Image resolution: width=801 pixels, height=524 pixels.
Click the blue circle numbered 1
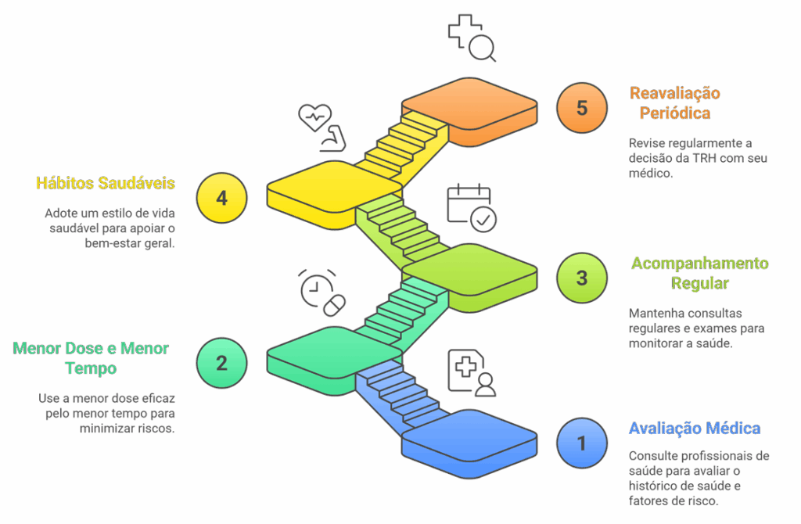pos(581,443)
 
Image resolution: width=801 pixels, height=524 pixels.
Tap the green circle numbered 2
pos(221,363)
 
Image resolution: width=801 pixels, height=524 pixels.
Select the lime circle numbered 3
pos(581,278)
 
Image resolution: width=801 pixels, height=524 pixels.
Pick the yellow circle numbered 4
pos(221,198)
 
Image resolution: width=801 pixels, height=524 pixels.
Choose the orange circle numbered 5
pos(581,107)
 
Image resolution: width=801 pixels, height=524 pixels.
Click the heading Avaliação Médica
pos(695,429)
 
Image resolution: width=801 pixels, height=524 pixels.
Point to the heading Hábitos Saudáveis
pos(105,183)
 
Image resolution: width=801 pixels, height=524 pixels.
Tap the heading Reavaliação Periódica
pos(675,102)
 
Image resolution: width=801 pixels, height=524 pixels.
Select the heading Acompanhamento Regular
pos(699,273)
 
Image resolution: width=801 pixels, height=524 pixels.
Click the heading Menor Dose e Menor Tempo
pos(91,357)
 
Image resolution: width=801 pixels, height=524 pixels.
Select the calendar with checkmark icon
pos(471,208)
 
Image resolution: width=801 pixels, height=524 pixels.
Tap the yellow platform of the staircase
pos(335,190)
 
